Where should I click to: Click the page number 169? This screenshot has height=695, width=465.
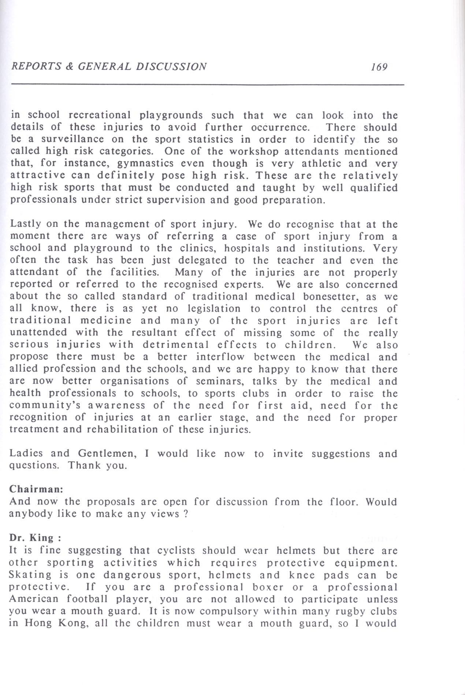[x=379, y=67]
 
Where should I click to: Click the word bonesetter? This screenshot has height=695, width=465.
[x=331, y=296]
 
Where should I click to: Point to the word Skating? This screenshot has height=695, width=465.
[x=30, y=575]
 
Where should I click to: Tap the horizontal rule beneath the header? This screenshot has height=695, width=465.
[x=208, y=84]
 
